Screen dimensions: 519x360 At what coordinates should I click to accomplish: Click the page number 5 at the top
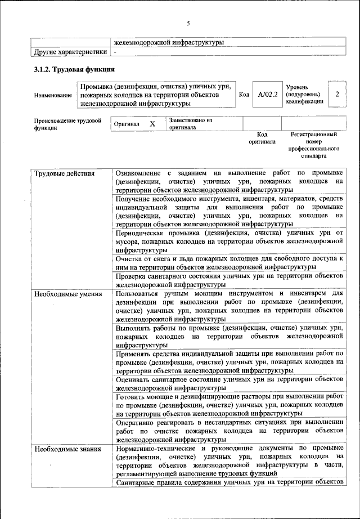click(x=188, y=23)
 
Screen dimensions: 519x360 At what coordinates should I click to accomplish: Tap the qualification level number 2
click(x=337, y=95)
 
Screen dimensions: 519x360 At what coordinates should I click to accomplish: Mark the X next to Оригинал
click(x=152, y=123)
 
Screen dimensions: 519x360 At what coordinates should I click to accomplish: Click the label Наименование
click(x=53, y=95)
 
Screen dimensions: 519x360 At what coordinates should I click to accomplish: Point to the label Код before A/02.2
click(x=244, y=95)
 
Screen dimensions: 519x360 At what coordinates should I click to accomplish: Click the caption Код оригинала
click(x=262, y=138)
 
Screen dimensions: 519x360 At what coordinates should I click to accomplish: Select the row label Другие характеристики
click(x=70, y=52)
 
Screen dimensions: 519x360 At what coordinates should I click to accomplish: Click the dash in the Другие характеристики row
click(x=115, y=52)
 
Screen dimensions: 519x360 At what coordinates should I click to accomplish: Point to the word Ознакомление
click(x=137, y=173)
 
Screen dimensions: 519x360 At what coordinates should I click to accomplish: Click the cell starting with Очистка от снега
click(x=229, y=262)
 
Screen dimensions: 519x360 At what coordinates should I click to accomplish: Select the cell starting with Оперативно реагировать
click(x=229, y=431)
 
